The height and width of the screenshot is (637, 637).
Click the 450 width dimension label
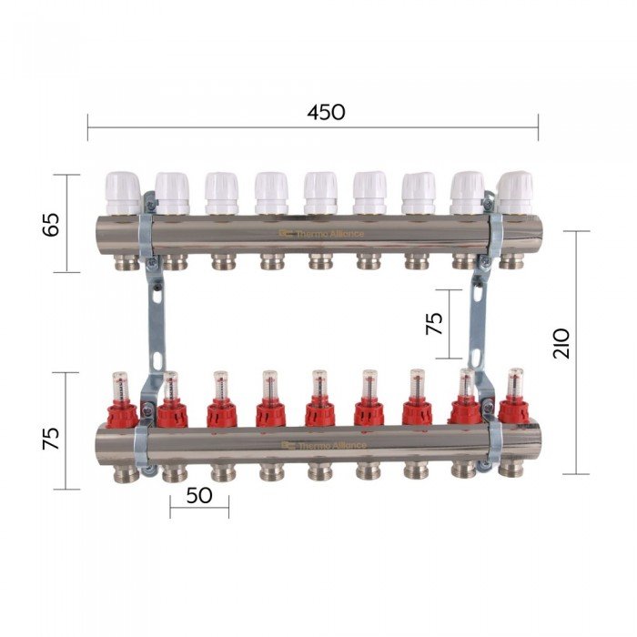[326, 113]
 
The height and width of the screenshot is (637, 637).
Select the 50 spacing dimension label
[198, 496]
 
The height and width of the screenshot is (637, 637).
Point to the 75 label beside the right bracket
[435, 323]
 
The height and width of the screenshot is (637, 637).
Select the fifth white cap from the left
[319, 192]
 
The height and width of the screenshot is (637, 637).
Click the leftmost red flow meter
[122, 404]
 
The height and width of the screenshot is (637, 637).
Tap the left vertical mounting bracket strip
[156, 309]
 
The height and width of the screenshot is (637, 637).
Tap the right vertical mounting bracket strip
[477, 309]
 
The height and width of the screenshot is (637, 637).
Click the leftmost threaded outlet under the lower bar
[126, 472]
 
